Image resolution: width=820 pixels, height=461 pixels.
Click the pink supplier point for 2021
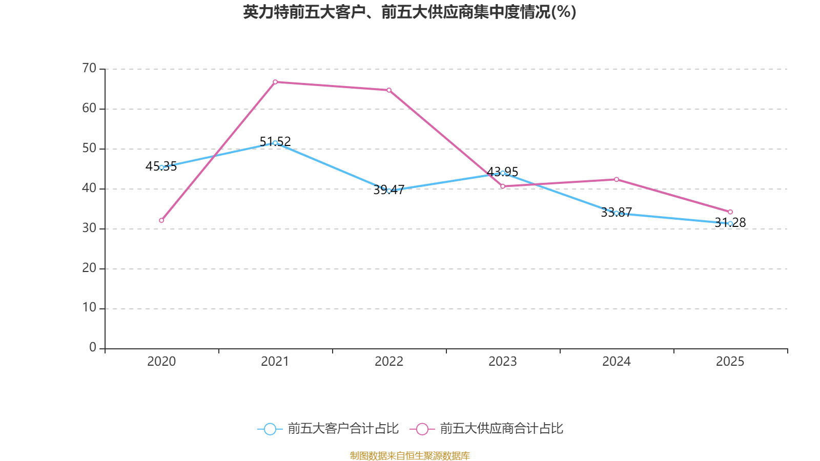[275, 82]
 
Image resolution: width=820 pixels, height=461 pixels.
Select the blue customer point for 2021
[275, 143]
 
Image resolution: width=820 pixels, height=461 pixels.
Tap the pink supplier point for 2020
[161, 220]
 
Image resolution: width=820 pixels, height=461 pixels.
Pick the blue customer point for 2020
[161, 167]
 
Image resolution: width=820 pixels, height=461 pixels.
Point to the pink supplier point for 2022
[389, 90]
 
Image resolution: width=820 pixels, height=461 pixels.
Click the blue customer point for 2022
[389, 191]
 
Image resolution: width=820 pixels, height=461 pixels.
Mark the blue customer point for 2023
[503, 173]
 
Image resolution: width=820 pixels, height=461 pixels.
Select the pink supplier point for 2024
[617, 179]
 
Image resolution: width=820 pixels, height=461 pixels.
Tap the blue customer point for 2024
[617, 213]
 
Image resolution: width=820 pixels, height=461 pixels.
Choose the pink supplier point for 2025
[730, 212]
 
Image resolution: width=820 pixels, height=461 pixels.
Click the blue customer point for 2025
[730, 224]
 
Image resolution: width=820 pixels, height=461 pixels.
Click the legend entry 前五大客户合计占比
[329, 429]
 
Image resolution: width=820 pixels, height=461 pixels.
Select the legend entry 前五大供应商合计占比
[487, 429]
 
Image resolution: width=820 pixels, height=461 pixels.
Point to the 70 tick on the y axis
[89, 68]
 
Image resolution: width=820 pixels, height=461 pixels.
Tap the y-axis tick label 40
[89, 188]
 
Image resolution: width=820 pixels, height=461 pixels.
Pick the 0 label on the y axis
[93, 347]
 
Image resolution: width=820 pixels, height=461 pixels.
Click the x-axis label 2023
[503, 362]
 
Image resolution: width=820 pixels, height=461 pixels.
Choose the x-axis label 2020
[161, 362]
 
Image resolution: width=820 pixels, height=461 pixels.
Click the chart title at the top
[409, 12]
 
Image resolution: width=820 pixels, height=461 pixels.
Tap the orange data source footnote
[409, 455]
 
